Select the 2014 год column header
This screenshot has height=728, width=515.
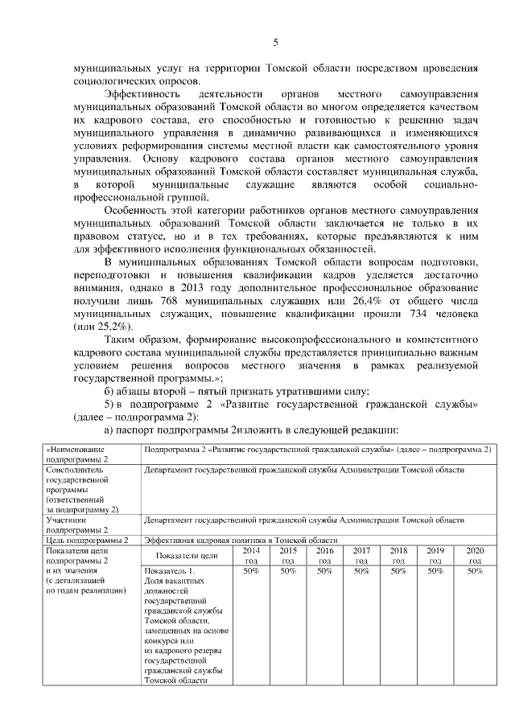click(251, 555)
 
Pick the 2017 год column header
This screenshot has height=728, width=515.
click(361, 555)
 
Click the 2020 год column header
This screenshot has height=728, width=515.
click(474, 555)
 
